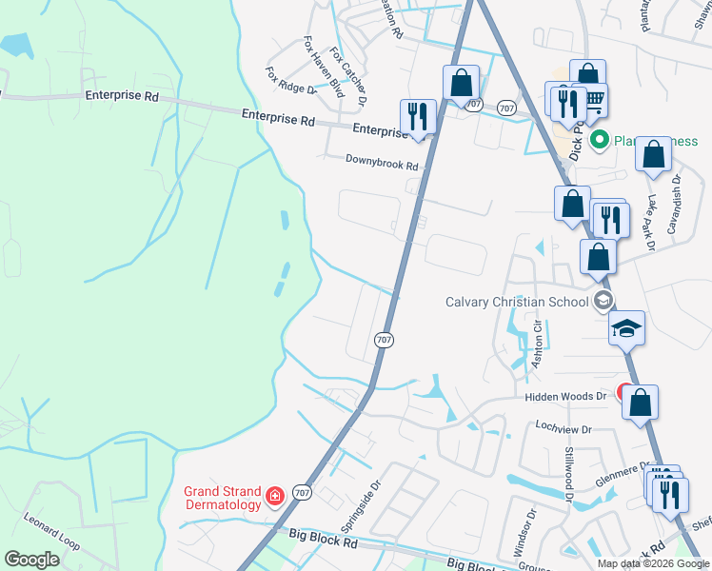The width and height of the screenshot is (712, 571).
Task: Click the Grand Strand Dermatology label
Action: (x=223, y=498)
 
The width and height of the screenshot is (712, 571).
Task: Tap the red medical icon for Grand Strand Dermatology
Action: (x=274, y=496)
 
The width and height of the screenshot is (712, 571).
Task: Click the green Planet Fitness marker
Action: (x=600, y=142)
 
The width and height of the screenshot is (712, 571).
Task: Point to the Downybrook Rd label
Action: (x=382, y=165)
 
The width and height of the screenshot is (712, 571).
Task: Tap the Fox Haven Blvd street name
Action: (x=324, y=67)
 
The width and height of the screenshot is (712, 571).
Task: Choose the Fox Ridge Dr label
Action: (x=290, y=81)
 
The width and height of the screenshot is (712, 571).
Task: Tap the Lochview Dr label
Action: (x=564, y=429)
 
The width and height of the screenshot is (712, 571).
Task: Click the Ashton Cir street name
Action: (x=537, y=344)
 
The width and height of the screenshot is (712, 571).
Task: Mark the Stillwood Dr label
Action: (x=569, y=473)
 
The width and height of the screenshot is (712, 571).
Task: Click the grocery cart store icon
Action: (x=594, y=98)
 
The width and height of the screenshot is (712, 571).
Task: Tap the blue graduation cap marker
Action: (x=626, y=328)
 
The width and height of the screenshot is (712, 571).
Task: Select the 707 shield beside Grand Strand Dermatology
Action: (x=303, y=491)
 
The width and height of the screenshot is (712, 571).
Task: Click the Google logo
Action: (x=32, y=560)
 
